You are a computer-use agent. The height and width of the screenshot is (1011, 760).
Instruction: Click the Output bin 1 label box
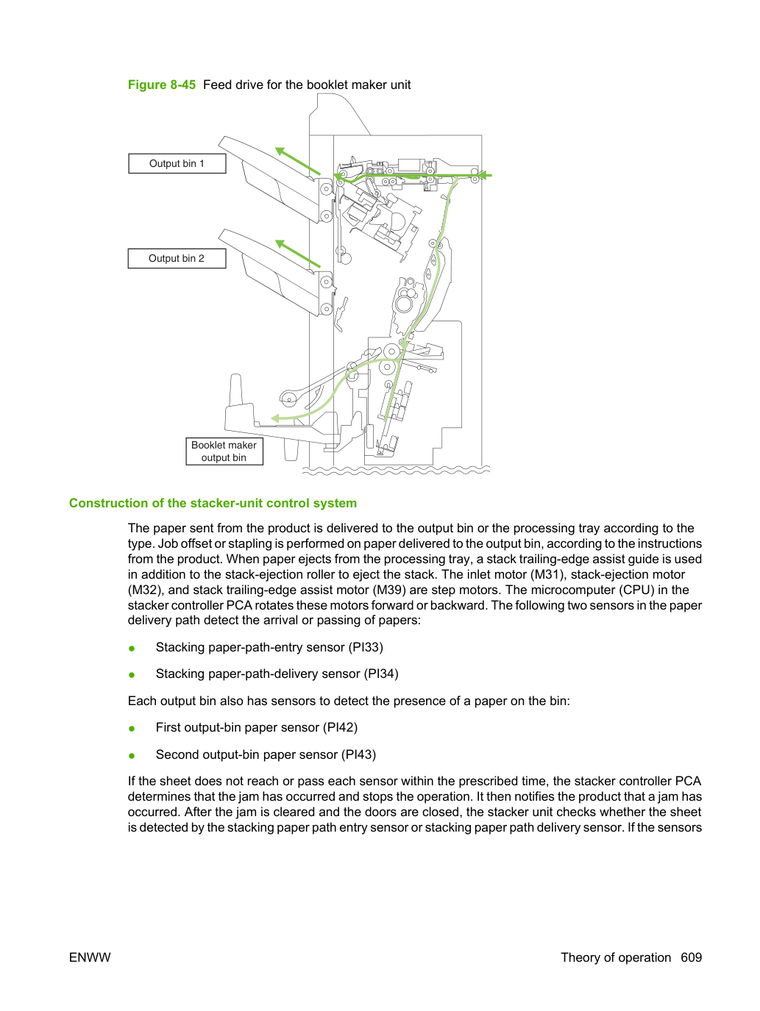[177, 163]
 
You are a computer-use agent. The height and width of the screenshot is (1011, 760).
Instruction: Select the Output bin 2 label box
[177, 258]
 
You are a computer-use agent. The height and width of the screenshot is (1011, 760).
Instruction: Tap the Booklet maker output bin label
[224, 451]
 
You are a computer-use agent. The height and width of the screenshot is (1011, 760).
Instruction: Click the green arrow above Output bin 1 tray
[298, 161]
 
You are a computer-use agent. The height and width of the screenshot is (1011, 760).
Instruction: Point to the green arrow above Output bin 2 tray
[298, 254]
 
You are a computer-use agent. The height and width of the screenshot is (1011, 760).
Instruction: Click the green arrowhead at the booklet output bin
[275, 418]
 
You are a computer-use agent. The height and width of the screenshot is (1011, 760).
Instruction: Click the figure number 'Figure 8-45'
[162, 85]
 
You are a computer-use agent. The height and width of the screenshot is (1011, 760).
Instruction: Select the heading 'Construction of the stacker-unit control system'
[213, 503]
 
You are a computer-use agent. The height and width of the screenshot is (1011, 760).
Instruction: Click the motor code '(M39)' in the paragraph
[390, 590]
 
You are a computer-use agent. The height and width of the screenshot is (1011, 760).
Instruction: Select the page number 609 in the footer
[692, 957]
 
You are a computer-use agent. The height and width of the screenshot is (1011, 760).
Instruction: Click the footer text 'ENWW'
[90, 957]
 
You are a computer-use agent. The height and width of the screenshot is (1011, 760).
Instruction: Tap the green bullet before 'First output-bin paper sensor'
[132, 729]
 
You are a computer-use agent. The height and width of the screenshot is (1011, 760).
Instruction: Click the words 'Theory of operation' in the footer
[616, 957]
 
